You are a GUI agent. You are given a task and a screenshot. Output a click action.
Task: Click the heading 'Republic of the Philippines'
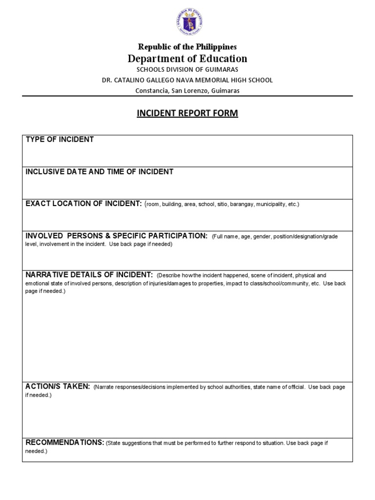(187, 47)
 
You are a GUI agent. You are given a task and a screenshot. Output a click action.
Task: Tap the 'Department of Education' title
(187, 59)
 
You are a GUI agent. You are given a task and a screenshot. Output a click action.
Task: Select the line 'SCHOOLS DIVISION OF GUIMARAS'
(187, 70)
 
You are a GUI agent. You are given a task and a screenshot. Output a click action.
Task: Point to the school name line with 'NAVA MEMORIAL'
(187, 80)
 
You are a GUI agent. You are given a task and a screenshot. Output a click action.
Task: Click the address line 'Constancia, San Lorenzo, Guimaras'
(187, 90)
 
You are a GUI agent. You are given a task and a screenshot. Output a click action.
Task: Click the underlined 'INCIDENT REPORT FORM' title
(187, 114)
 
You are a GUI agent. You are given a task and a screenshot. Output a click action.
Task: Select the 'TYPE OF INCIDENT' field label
(60, 140)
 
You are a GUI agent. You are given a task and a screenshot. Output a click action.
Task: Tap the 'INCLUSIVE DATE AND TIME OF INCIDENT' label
(99, 171)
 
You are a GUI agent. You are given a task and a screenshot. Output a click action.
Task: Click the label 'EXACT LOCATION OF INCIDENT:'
(83, 204)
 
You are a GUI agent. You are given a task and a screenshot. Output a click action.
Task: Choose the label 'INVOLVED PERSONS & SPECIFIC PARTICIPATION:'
(116, 236)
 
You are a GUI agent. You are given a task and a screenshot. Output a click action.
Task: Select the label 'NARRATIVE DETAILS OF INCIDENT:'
(89, 275)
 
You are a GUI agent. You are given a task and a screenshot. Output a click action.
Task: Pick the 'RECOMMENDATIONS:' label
(64, 442)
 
